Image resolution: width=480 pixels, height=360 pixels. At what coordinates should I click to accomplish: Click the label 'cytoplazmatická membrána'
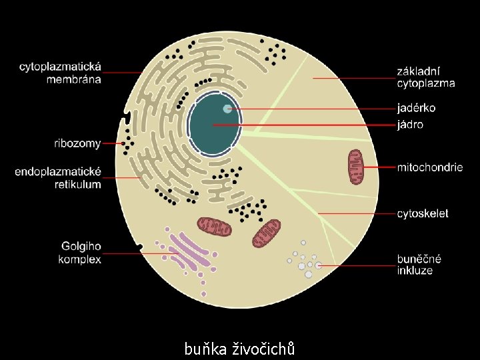point(60,73)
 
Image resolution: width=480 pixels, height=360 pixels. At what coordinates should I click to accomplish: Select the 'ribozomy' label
point(77,143)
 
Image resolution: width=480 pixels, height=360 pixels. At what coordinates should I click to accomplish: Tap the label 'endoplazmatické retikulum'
point(59,178)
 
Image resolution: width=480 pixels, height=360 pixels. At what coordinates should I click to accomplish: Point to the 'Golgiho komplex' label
point(80,253)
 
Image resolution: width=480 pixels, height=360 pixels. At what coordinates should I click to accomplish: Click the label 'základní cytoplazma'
point(426,77)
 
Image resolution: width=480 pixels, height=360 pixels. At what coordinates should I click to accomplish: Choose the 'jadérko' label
point(417,108)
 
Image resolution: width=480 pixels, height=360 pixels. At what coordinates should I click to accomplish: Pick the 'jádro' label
point(410,125)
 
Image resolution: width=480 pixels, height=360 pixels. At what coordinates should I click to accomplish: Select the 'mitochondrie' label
point(429,167)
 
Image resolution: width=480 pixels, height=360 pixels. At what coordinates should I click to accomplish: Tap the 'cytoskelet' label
point(423,214)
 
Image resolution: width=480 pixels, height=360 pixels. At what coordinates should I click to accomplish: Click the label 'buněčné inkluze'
point(419,265)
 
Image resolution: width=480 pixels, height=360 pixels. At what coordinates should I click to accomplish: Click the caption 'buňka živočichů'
point(240,348)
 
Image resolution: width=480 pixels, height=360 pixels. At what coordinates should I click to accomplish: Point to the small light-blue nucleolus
point(227,109)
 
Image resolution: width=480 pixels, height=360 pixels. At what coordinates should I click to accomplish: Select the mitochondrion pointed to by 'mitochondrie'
point(355,167)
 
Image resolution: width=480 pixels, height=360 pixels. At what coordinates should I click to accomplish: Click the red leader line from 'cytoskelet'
point(357,214)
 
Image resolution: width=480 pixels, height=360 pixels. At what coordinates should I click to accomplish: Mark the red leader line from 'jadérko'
point(313,109)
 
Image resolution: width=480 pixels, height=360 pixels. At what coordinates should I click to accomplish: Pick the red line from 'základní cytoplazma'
point(353,79)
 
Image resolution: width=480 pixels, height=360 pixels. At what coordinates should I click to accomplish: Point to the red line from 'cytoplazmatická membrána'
point(123,72)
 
